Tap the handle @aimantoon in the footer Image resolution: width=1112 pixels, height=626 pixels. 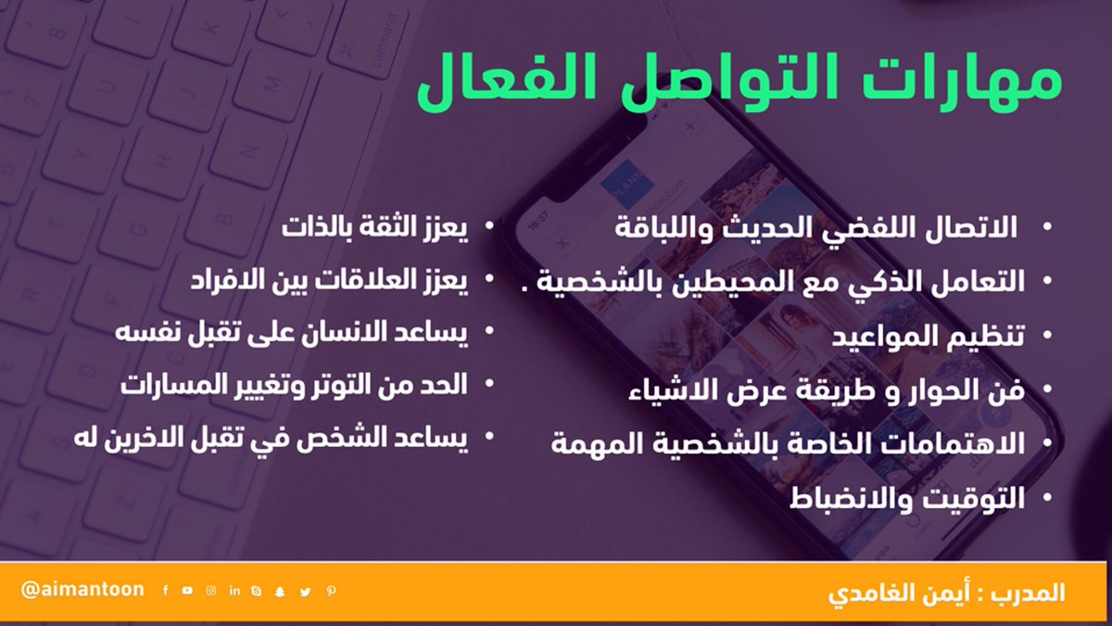pos(82,590)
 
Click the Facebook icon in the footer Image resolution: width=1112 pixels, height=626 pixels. pos(165,591)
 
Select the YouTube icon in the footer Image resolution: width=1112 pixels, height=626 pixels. pos(187,591)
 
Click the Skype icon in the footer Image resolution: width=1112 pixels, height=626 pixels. pos(256,591)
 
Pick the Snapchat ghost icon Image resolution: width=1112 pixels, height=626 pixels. pos(279,591)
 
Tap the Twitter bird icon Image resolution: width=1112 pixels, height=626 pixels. pos(305,591)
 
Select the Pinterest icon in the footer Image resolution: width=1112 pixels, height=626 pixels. pos(331,591)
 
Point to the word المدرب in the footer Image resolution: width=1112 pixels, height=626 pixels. pos(1030,592)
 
